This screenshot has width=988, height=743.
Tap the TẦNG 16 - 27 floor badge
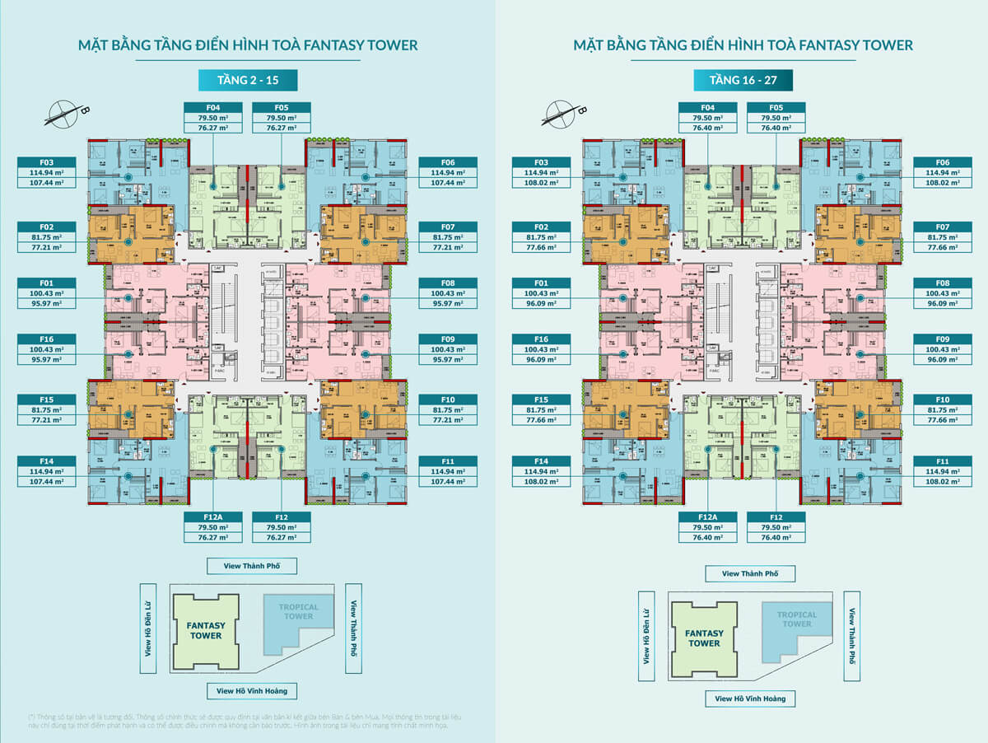click(x=742, y=80)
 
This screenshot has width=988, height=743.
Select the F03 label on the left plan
click(x=46, y=162)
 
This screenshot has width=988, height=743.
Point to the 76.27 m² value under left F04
click(x=212, y=128)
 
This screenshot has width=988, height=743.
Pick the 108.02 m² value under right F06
click(x=941, y=183)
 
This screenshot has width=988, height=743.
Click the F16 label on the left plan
click(x=46, y=339)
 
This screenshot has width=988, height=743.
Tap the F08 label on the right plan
click(x=941, y=283)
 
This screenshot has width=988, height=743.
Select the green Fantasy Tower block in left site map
click(x=206, y=630)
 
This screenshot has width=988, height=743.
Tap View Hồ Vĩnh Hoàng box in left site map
click(x=251, y=691)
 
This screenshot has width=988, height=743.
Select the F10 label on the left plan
click(x=447, y=400)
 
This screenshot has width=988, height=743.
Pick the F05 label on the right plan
click(x=776, y=107)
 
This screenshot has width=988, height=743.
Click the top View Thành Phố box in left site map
click(x=251, y=566)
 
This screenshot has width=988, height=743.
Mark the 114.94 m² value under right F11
click(x=941, y=471)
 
